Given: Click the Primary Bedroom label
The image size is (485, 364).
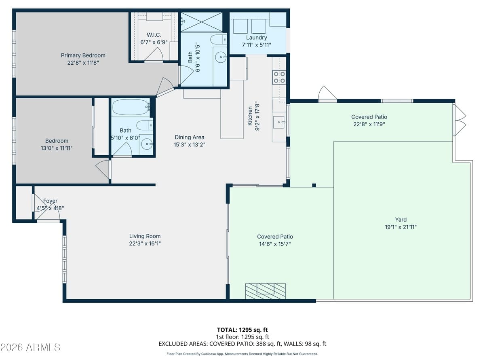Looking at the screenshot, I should tap(83, 55).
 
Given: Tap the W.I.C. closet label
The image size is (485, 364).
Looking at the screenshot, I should tap(154, 35).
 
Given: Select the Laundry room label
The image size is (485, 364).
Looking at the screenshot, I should tap(256, 38).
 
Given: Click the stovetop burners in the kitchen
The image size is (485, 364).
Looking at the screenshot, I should tap(279, 77).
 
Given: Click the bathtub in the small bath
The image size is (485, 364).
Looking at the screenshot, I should tap(131, 108).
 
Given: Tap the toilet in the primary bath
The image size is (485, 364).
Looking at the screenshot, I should tap(219, 40).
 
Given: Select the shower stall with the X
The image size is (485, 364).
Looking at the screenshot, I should tap(201, 22).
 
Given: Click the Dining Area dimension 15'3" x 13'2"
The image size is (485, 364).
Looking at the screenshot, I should tap(190, 144).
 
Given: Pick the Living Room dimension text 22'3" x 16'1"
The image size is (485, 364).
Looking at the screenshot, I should tap(145, 243).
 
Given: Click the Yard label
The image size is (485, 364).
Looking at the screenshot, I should tap(401, 220).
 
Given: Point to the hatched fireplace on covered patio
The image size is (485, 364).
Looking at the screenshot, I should tap(265, 291).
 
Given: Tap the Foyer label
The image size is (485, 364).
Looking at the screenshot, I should tap(50, 201).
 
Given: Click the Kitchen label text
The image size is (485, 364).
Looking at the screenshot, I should tap(250, 116).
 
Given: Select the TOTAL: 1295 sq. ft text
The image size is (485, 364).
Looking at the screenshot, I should tap(242, 330).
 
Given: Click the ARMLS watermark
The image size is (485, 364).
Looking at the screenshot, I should tap(30, 347).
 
